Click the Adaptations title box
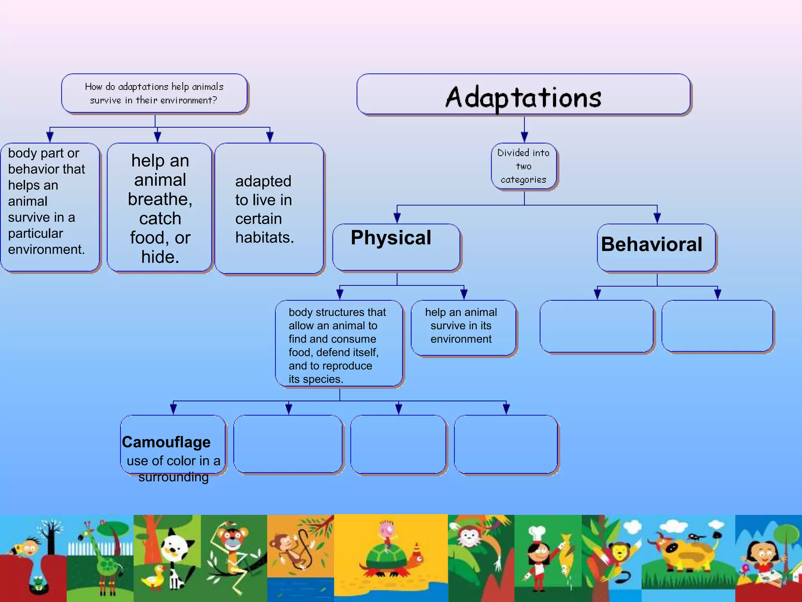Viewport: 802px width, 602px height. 523,95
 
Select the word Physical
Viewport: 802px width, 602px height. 391,238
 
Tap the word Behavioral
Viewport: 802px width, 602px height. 652,245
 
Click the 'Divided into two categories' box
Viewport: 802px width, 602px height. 524,166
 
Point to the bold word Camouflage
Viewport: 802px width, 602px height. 166,442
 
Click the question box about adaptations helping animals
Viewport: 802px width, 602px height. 154,94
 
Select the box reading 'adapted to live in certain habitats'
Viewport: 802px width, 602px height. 269,209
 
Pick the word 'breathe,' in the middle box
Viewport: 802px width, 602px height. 160,199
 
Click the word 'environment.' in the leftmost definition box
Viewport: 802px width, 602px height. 46,250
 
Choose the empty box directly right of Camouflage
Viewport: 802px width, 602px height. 288,444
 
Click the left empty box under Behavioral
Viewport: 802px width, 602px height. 596,326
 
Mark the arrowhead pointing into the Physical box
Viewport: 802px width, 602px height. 397,218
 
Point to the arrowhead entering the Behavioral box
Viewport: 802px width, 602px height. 657,218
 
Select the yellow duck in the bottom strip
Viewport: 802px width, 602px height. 154,576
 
